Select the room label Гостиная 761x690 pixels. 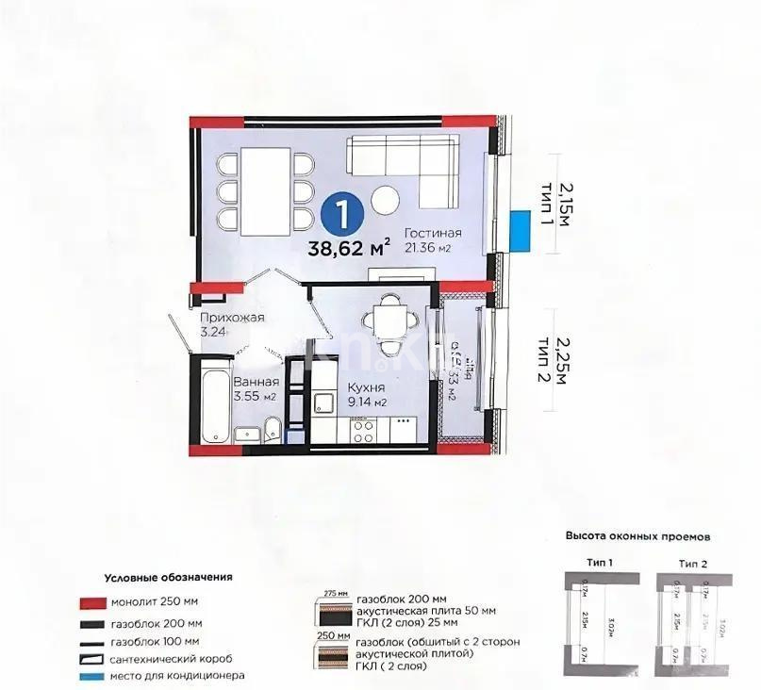(x=433, y=233)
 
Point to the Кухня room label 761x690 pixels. (x=364, y=387)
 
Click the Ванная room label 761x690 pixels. (x=256, y=382)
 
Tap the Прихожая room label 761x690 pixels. (x=231, y=318)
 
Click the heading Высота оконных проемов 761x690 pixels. (x=637, y=535)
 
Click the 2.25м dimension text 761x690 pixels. (x=563, y=361)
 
